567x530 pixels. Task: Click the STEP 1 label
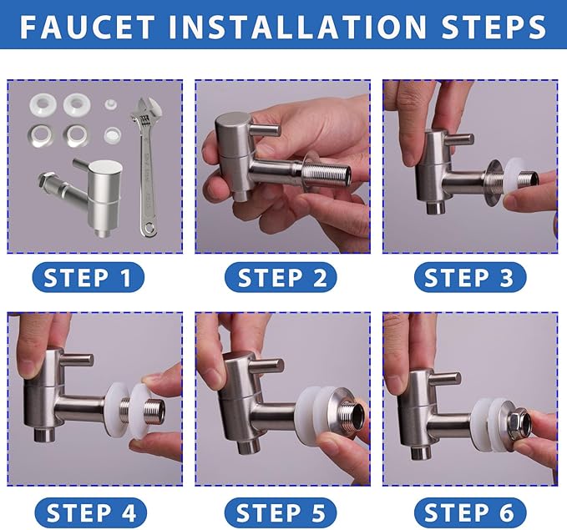coord(88,277)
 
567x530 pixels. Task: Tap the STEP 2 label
coord(281,277)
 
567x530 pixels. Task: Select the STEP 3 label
coord(470,277)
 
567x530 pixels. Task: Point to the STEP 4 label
coord(91,512)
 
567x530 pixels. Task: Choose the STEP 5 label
coord(281,512)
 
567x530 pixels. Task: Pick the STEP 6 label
coord(470,512)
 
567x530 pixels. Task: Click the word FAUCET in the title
coord(87,27)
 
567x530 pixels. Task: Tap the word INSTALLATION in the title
coord(298,27)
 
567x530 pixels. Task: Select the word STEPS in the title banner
coord(494,27)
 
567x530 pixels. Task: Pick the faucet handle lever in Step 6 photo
coord(445,379)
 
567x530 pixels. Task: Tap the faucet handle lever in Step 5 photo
coord(268,365)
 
